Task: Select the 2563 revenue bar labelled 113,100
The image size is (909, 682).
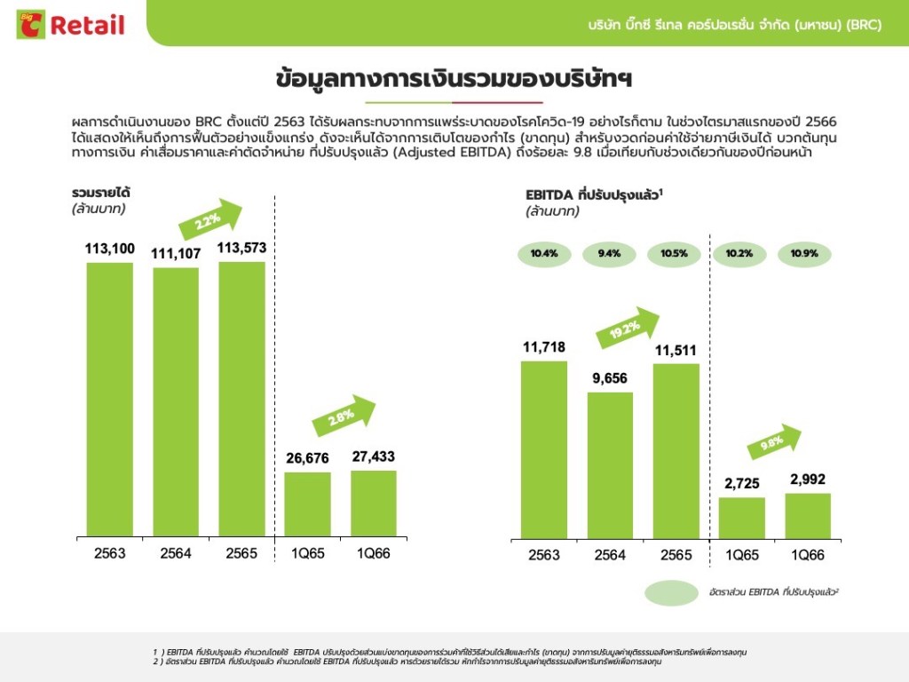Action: tap(109, 400)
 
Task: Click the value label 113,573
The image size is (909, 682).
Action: tap(242, 248)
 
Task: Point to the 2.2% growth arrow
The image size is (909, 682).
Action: tap(210, 218)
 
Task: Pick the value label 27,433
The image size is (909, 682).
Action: tap(374, 456)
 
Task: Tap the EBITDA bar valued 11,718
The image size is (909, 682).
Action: tap(544, 449)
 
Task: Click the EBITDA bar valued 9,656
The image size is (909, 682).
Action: tap(610, 465)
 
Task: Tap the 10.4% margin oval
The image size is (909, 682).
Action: tap(544, 254)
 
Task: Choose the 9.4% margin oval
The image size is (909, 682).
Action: tap(610, 254)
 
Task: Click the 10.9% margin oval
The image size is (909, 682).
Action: tap(808, 254)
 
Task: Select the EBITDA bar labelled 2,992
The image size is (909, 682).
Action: tap(808, 516)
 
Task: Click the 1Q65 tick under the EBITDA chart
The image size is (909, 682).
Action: tap(741, 555)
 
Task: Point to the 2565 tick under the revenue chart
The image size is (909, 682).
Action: tap(242, 553)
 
